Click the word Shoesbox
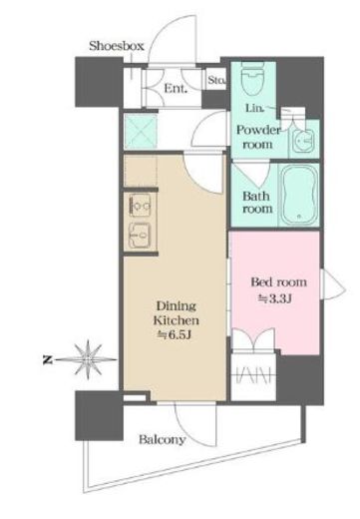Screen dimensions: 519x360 tap(118, 46)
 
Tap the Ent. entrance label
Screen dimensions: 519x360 tap(176, 88)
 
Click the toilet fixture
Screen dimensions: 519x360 tap(251, 80)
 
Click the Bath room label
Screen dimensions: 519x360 tap(257, 203)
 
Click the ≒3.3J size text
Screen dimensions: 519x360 tap(276, 298)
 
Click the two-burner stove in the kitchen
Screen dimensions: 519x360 tap(142, 207)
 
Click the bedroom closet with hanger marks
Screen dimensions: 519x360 tap(254, 379)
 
